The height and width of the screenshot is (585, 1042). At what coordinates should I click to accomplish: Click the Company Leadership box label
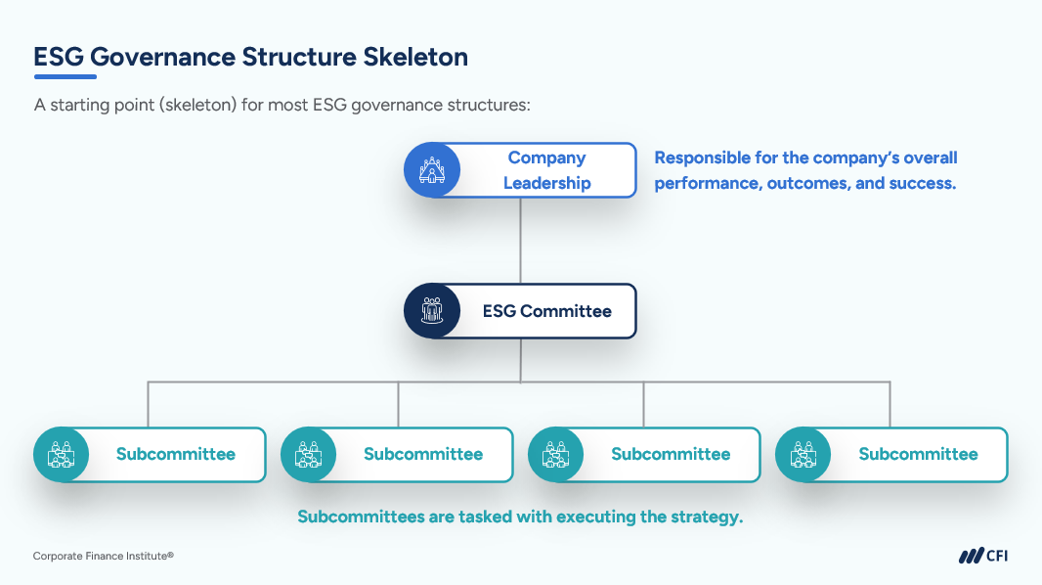546,170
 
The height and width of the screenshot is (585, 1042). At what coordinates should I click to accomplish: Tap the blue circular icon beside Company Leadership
431,170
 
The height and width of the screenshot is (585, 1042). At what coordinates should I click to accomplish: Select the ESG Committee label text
546,312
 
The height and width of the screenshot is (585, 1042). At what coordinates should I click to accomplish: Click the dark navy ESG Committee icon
431,312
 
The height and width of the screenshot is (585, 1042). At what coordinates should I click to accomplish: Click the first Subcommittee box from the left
175,454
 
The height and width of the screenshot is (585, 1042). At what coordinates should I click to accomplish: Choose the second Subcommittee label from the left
422,454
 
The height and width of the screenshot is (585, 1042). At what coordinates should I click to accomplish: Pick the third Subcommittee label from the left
671,454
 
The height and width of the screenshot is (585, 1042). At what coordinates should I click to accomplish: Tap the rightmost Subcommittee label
918,454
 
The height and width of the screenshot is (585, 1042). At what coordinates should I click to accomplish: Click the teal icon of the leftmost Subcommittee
61,454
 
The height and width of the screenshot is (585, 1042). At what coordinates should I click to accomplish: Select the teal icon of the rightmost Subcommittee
803,454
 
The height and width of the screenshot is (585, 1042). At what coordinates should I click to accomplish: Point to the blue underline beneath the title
65,76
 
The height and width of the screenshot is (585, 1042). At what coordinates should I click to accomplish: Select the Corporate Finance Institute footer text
103,556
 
